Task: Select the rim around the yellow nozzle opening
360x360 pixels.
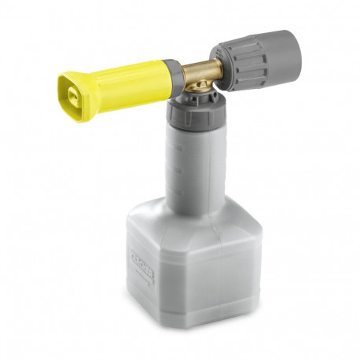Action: pyautogui.click(x=64, y=86)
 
